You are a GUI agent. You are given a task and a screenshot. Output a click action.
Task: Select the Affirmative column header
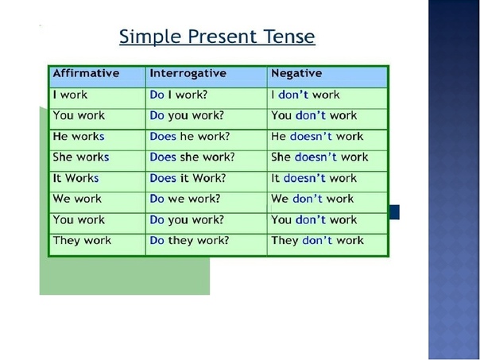(86, 73)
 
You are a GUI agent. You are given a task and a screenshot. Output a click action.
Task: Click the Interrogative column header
(188, 73)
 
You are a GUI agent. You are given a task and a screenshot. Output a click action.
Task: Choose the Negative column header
(296, 73)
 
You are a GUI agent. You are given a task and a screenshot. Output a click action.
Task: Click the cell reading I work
(70, 95)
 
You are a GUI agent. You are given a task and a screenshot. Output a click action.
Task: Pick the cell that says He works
(79, 137)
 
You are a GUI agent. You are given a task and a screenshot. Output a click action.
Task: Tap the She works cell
(81, 157)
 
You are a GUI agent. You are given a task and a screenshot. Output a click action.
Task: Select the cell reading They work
(82, 241)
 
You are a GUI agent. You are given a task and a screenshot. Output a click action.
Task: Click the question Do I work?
(179, 95)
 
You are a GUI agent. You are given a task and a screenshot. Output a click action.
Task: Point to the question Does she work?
(192, 157)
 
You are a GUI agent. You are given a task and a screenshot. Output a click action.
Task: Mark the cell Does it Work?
(188, 178)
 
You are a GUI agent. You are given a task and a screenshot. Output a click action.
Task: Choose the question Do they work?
(189, 241)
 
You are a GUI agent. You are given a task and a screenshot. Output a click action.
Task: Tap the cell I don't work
(305, 95)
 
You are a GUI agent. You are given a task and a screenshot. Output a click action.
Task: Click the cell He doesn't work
(317, 137)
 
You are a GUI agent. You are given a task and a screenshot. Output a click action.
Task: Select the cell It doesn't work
(314, 178)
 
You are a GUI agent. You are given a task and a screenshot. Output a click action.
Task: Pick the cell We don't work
(312, 199)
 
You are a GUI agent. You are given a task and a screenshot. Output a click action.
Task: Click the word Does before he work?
(163, 137)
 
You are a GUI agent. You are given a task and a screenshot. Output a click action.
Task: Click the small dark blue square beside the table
(394, 212)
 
